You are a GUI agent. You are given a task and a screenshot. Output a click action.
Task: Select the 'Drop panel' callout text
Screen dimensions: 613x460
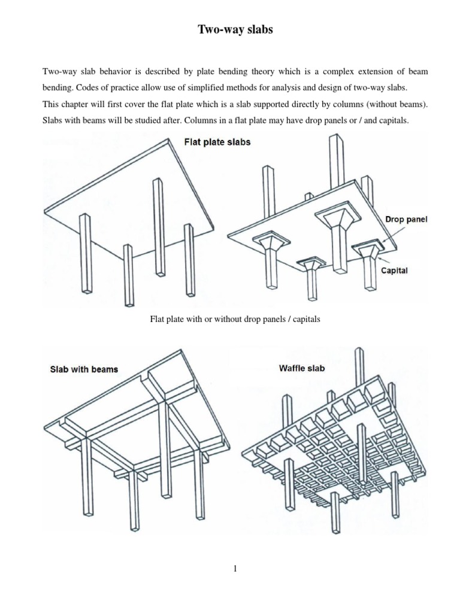click(407, 220)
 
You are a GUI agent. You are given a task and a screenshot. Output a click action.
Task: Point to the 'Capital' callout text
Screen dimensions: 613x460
click(395, 271)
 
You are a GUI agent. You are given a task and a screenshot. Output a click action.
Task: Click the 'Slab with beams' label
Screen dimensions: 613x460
click(84, 369)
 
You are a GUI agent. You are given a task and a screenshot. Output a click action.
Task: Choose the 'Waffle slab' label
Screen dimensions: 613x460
click(302, 368)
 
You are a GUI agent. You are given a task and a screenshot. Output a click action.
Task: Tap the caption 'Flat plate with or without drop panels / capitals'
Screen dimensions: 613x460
click(235, 320)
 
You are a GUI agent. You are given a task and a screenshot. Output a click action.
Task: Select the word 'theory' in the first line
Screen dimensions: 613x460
click(234, 71)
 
